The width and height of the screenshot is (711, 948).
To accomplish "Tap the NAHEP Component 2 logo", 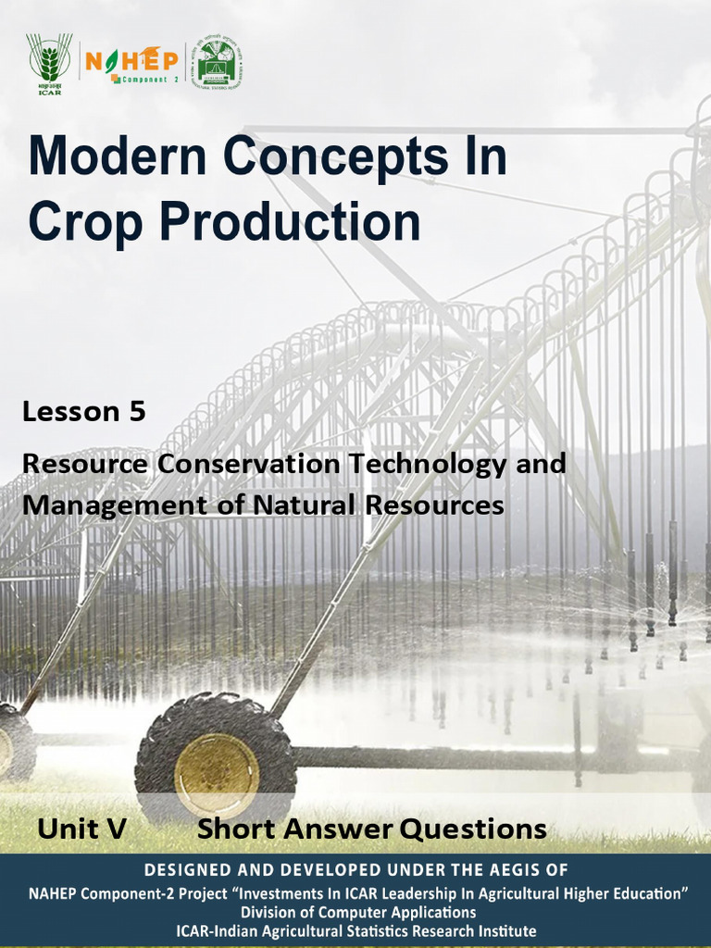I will (131, 64).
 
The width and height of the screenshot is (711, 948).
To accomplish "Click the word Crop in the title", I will (84, 222).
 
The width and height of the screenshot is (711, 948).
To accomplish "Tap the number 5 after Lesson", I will (137, 412).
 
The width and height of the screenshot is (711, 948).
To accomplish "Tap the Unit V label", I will (81, 829).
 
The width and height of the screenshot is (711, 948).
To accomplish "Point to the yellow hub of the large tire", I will (216, 776).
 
